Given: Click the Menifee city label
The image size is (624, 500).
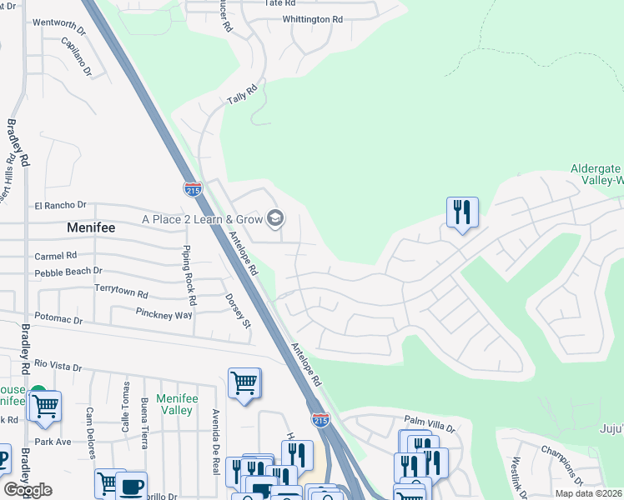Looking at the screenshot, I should (97, 226).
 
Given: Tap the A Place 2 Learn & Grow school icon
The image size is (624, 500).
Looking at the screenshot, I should (274, 219).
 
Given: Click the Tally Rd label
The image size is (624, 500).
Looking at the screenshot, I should (242, 94).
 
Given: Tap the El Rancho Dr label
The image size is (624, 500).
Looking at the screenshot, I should (60, 205).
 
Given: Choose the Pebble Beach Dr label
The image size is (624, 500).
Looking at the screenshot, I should (68, 271).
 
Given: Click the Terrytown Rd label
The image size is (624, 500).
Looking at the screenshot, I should (121, 294).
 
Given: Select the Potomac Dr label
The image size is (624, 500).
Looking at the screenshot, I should (58, 319).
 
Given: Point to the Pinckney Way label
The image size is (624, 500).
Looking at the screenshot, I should (164, 314).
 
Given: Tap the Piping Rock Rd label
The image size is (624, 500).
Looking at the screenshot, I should (189, 275).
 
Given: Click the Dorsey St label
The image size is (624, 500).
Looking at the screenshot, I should (236, 310).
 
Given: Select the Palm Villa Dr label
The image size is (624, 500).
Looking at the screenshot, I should (429, 424).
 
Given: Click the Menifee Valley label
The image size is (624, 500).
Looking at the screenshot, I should (176, 404).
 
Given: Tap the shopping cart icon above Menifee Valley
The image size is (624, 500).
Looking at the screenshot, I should (244, 384).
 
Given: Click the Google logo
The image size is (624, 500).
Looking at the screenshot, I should (28, 490).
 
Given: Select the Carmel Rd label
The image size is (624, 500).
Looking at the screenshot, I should (55, 255).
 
